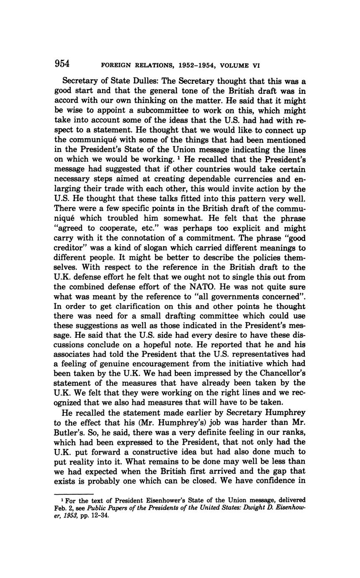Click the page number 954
click(x=62, y=64)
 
